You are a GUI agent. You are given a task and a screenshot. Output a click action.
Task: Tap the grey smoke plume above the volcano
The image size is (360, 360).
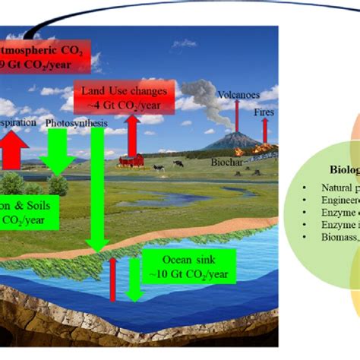pos(200,103)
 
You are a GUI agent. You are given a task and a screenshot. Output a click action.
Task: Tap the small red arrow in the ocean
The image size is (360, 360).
pos(112,282)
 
